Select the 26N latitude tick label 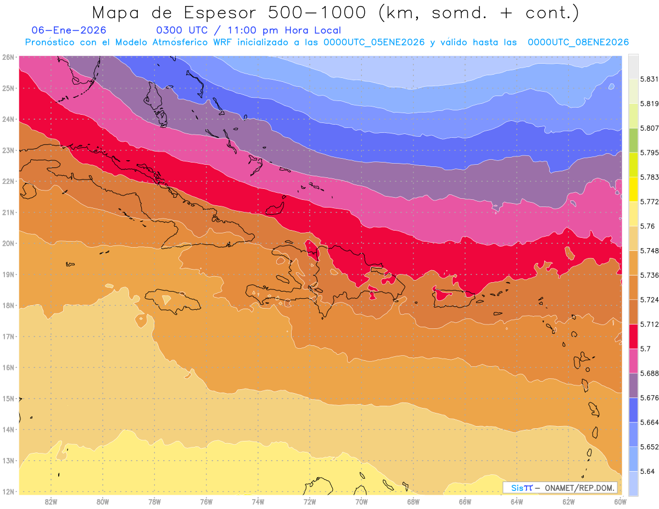(8, 57)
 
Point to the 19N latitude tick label (8, 274)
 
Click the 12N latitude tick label (8, 491)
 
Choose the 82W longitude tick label (51, 501)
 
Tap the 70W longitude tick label (361, 501)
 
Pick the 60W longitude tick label (621, 501)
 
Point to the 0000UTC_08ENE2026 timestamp (578, 42)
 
